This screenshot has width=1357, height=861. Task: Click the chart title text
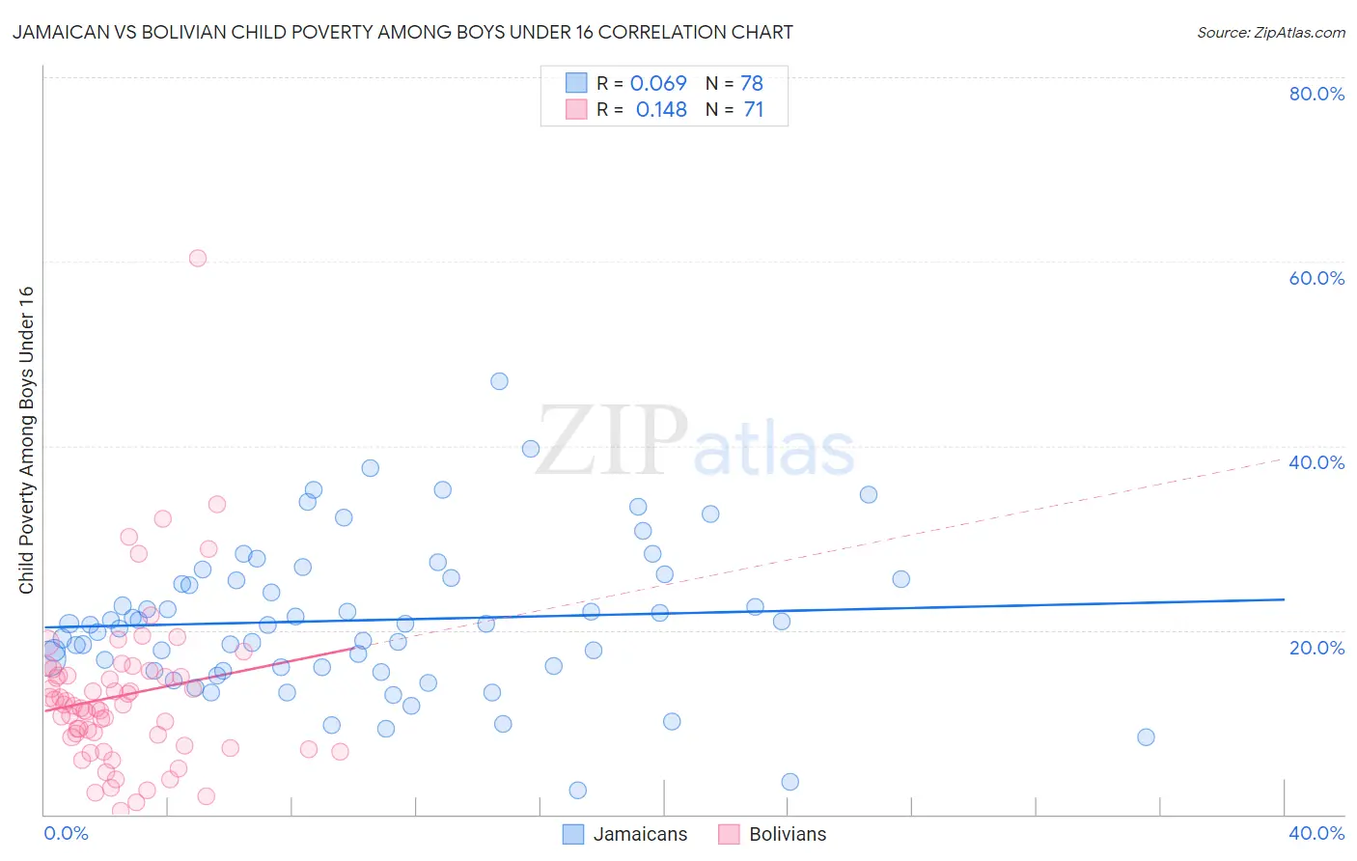(x=402, y=32)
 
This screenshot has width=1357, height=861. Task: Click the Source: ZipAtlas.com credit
(x=1270, y=32)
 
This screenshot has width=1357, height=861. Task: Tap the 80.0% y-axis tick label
(x=1316, y=94)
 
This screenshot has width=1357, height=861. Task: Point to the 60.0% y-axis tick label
(x=1316, y=278)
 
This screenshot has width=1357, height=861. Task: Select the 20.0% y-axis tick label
(x=1316, y=648)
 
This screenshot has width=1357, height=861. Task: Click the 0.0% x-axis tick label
(x=67, y=833)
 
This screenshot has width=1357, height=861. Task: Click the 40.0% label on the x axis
(x=1316, y=833)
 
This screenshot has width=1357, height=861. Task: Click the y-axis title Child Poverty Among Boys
(x=26, y=440)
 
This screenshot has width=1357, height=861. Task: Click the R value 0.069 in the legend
(x=658, y=83)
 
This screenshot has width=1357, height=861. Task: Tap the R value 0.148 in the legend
(x=661, y=110)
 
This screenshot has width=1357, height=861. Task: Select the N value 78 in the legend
(x=752, y=83)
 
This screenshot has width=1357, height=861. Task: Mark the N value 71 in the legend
(x=754, y=110)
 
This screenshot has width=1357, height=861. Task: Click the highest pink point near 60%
(x=198, y=258)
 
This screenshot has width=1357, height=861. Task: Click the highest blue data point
(x=499, y=381)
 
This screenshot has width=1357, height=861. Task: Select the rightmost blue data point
(x=1146, y=737)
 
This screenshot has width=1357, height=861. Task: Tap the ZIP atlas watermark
(x=695, y=441)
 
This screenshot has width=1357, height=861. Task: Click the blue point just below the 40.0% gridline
(x=530, y=449)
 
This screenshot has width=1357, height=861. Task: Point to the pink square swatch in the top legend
(x=576, y=109)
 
